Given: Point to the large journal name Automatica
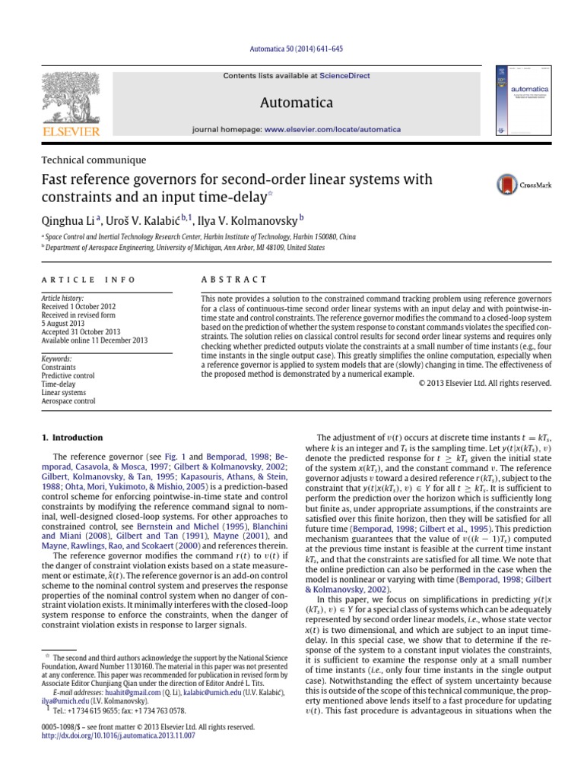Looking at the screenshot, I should [x=291, y=100].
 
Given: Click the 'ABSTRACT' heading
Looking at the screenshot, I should [x=234, y=280].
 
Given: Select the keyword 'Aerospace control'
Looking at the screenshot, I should [x=68, y=400].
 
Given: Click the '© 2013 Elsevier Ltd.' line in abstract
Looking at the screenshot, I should [x=486, y=383].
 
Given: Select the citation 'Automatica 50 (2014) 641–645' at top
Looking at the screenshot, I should [x=291, y=49].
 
